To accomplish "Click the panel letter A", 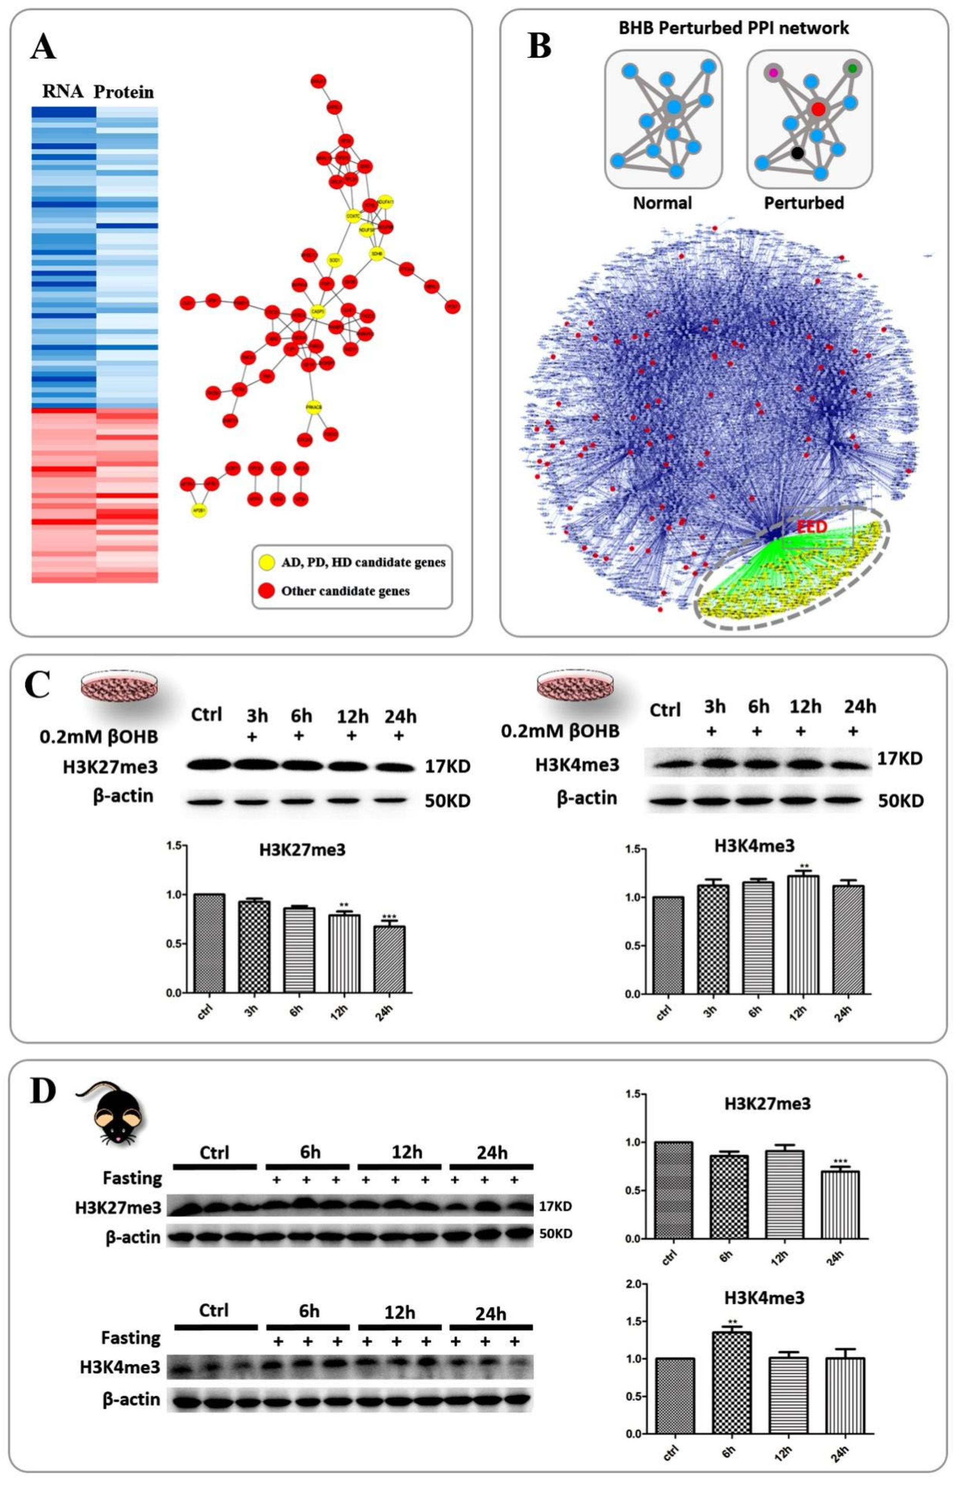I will click(x=43, y=47).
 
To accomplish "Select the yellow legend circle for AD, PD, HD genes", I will click(x=267, y=562).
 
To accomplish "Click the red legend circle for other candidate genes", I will click(x=267, y=590).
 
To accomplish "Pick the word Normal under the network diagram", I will click(x=662, y=203).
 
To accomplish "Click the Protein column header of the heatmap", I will click(x=124, y=92).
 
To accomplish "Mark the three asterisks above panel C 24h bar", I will click(x=389, y=917).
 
